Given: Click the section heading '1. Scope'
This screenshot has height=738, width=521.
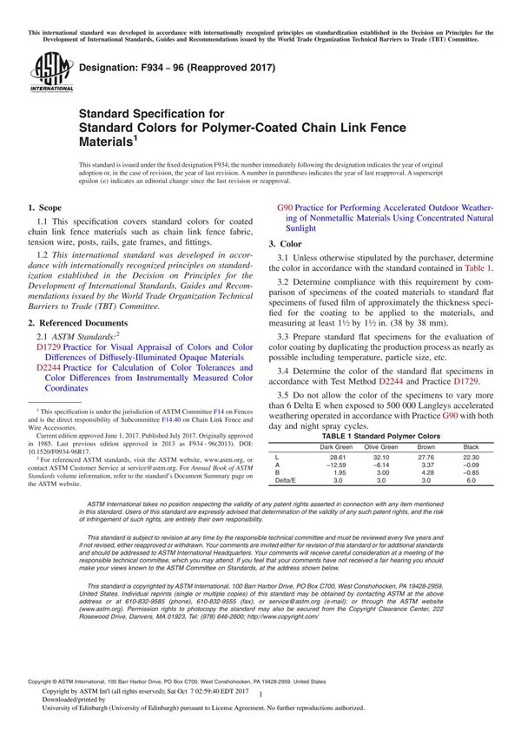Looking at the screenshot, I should pos(46,208).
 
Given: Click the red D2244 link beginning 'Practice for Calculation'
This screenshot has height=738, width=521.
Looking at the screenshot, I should pos(49,367).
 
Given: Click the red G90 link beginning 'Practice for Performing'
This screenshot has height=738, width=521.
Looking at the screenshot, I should pos(285,208).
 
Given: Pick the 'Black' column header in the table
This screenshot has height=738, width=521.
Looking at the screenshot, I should pos(472,447).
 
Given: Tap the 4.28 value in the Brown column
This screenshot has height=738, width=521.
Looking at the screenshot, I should pos(426,472).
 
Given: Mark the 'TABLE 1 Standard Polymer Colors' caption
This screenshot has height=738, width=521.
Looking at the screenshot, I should pos(381,436).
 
